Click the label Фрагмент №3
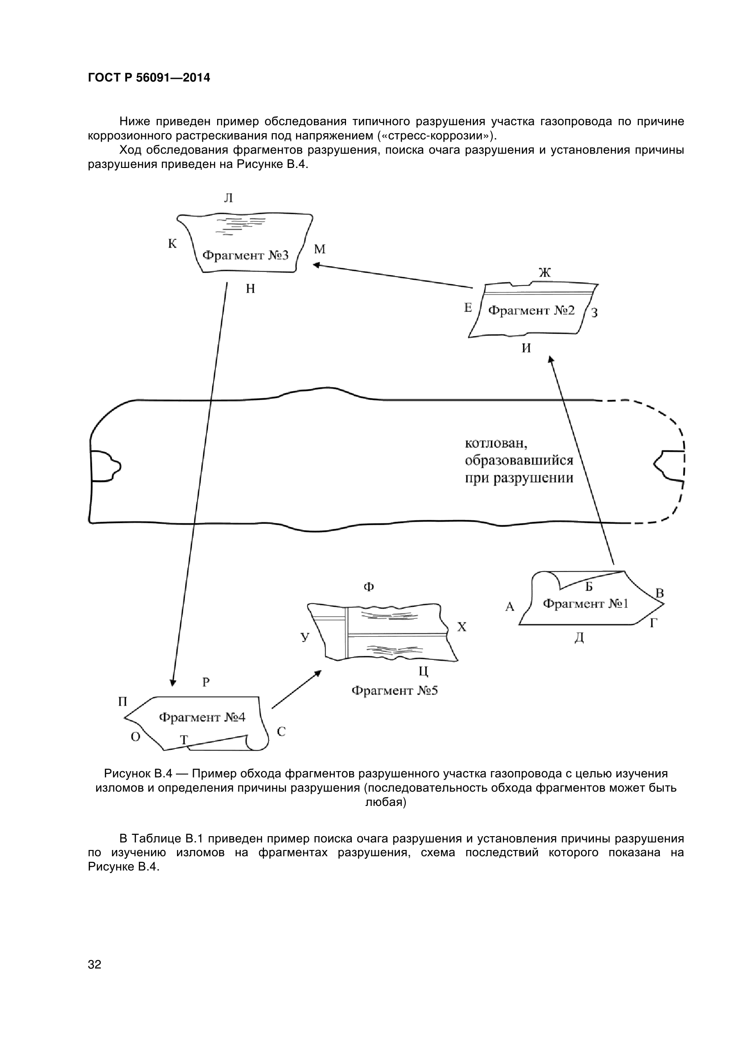pyautogui.click(x=245, y=256)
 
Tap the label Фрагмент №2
pyautogui.click(x=531, y=311)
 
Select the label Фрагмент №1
pyautogui.click(x=585, y=604)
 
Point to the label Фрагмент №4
pyautogui.click(x=202, y=717)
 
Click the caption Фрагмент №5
pyautogui.click(x=395, y=691)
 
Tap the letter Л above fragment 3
pyautogui.click(x=228, y=198)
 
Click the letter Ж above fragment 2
pyautogui.click(x=544, y=272)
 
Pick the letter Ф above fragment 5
pyautogui.click(x=369, y=587)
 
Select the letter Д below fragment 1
pyautogui.click(x=579, y=638)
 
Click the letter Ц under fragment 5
pyautogui.click(x=423, y=671)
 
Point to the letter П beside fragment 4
pyautogui.click(x=123, y=702)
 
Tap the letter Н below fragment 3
pyautogui.click(x=250, y=289)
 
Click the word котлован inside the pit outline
pyautogui.click(x=496, y=442)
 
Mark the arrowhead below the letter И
pyautogui.click(x=551, y=359)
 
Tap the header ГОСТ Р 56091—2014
pyautogui.click(x=149, y=78)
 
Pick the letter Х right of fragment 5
pyautogui.click(x=461, y=627)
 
